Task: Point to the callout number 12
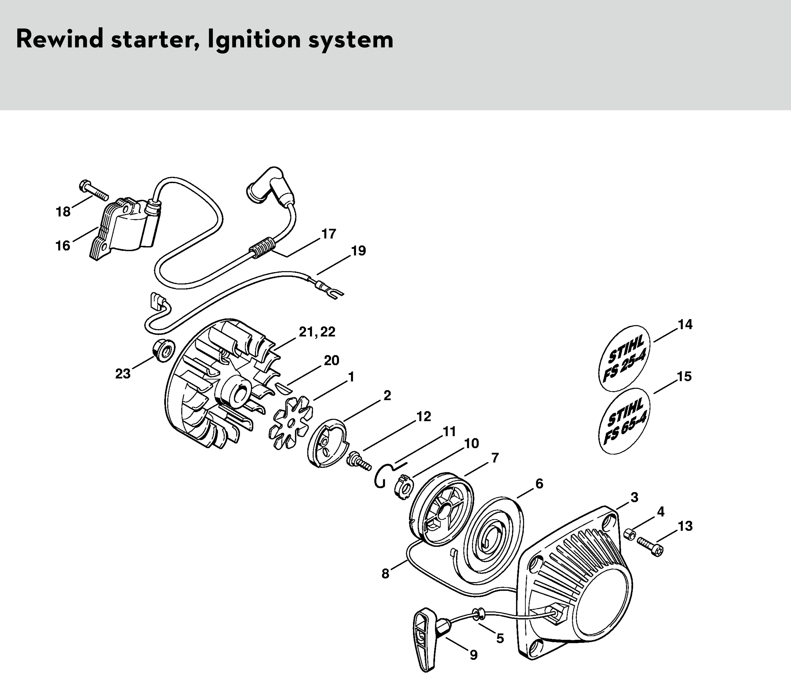(x=424, y=416)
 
